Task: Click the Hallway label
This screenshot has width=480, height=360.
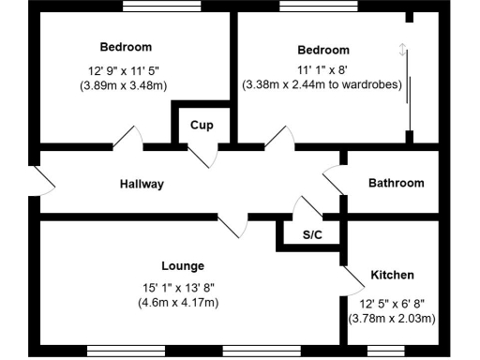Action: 142,184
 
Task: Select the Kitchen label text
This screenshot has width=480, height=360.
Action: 392,275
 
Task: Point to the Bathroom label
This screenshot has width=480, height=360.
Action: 396,183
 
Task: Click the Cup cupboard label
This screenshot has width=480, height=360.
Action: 200,125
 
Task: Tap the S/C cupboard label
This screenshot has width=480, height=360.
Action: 312,234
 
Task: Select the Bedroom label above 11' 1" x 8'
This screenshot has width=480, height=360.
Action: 322,50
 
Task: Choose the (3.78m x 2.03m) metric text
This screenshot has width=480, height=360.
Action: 391,319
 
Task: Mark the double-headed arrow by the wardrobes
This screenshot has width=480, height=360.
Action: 402,51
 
